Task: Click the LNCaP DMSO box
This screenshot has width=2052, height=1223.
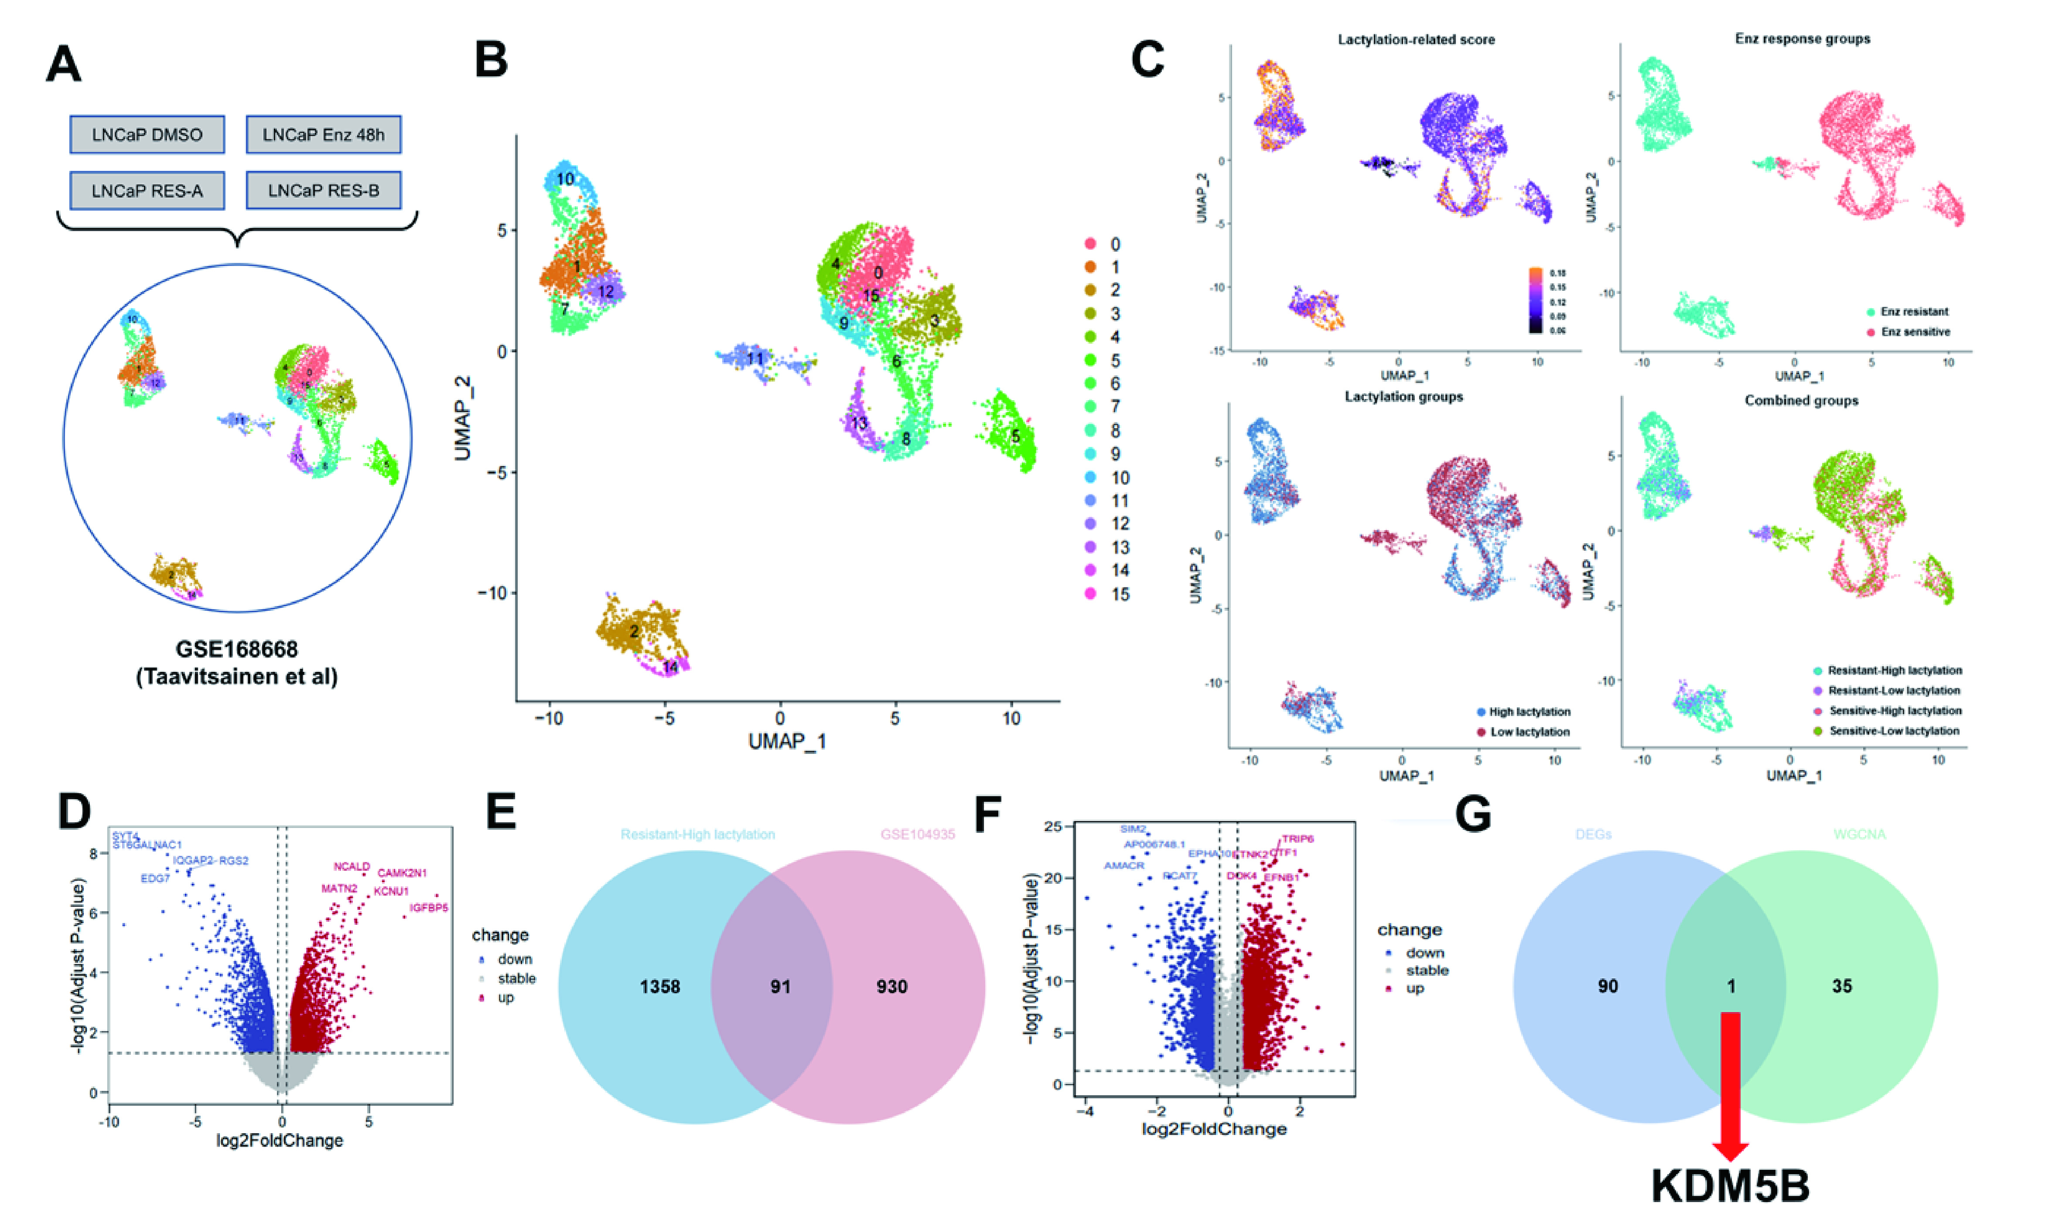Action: [147, 134]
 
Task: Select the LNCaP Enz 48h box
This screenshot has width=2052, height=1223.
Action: [323, 134]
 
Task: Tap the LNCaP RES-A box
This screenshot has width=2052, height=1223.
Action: [147, 191]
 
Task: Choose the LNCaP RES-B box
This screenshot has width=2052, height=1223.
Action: [323, 191]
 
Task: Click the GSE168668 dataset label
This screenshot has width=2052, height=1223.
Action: [236, 649]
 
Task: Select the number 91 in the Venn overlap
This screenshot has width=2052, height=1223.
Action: [780, 987]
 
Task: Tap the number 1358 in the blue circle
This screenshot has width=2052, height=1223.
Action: [660, 987]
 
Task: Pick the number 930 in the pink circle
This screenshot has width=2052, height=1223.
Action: [892, 987]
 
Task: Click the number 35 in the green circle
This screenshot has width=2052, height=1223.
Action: [1841, 986]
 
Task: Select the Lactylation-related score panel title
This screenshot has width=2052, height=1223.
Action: [1416, 40]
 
